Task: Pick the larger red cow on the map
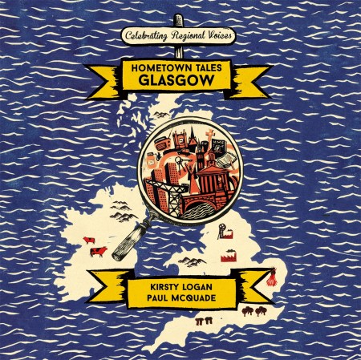tap(98, 253)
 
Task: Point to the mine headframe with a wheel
tap(221, 233)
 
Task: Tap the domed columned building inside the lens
tap(212, 172)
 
